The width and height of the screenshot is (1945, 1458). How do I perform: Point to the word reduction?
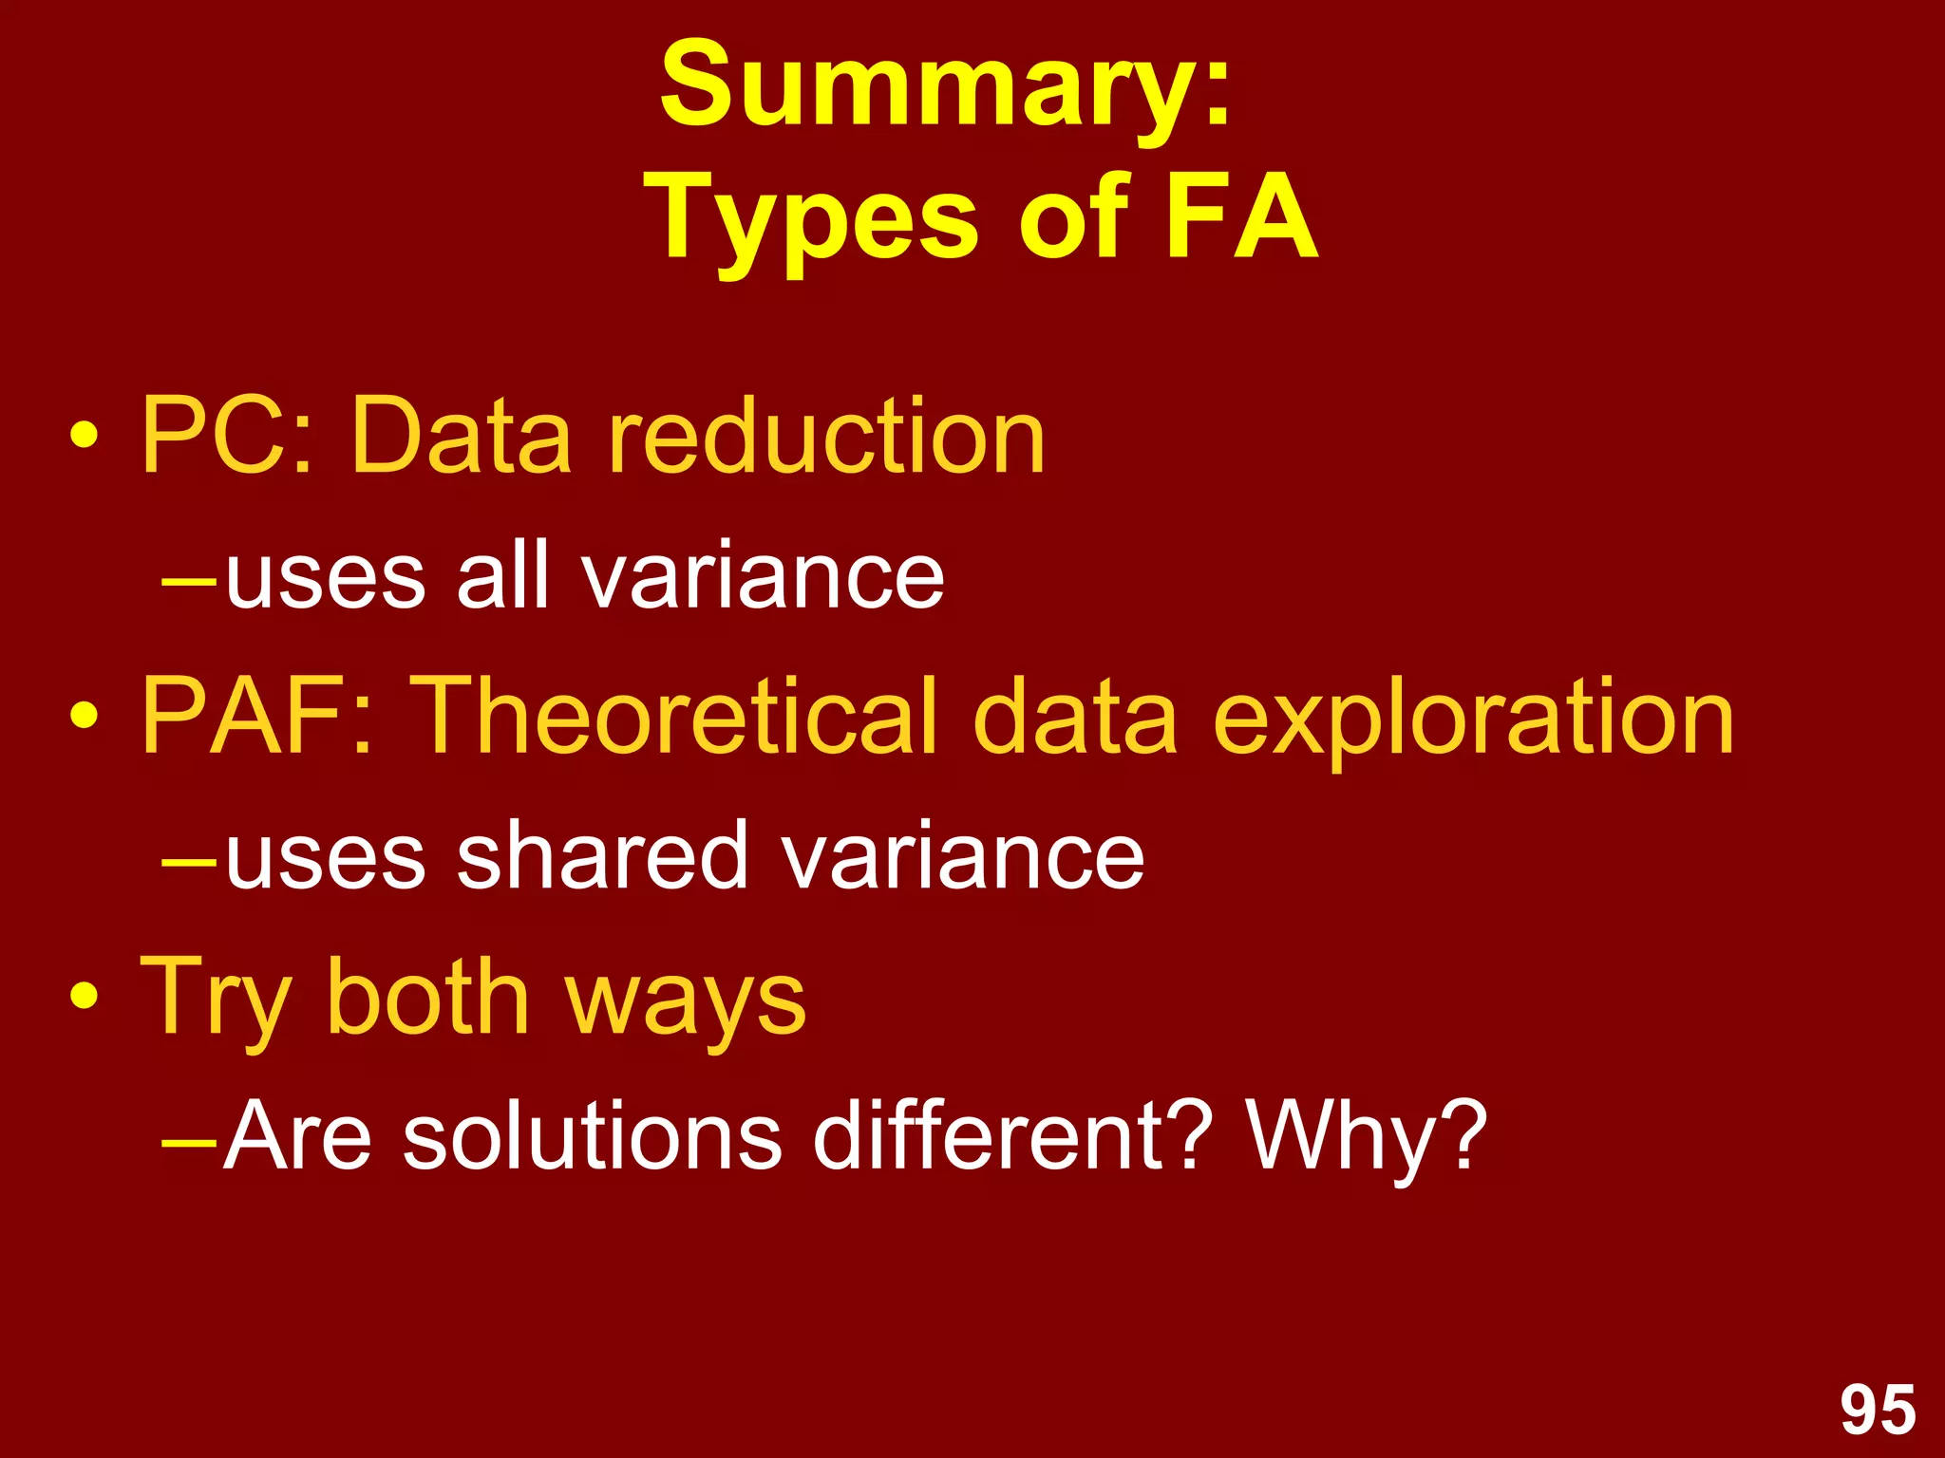[826, 436]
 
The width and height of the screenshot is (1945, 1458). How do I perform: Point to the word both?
[427, 997]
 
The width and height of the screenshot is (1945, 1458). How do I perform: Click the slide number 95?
[1878, 1410]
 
